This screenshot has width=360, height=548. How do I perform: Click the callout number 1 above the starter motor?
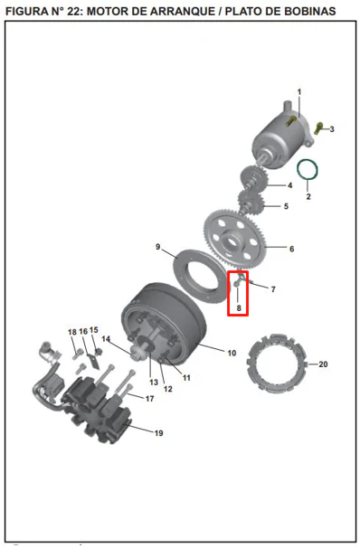299,92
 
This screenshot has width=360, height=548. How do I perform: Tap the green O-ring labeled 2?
298,171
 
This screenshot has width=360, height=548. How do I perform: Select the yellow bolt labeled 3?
318,128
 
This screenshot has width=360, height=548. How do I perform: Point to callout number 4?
289,185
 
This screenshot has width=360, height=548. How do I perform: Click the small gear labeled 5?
251,201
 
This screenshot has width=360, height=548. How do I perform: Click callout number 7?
273,289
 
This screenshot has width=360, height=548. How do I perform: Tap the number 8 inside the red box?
239,307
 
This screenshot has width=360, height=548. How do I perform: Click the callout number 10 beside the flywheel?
232,353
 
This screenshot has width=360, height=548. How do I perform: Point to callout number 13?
154,382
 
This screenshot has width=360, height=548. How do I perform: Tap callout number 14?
106,338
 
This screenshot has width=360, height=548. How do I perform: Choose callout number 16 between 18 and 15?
83,331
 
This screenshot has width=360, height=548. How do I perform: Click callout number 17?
149,399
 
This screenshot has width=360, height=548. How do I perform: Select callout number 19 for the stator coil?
158,433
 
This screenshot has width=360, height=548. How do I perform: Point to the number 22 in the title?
74,11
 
